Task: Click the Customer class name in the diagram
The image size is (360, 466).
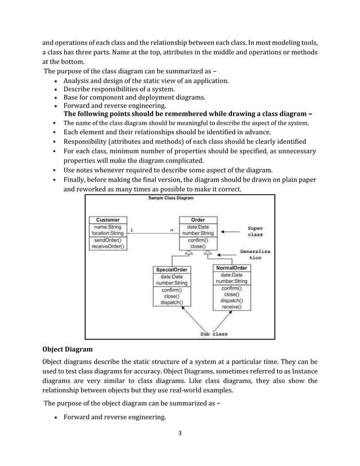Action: pyautogui.click(x=108, y=220)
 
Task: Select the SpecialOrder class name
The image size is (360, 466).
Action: pyautogui.click(x=172, y=270)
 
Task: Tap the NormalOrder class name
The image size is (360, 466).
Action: pyautogui.click(x=232, y=268)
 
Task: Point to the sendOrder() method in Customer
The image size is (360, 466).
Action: pyautogui.click(x=108, y=240)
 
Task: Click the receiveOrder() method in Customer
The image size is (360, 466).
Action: pyautogui.click(x=108, y=246)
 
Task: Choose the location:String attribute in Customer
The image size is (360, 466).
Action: pyautogui.click(x=108, y=233)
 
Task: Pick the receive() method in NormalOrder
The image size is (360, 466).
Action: pyautogui.click(x=232, y=307)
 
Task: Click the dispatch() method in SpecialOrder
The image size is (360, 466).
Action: pyautogui.click(x=172, y=302)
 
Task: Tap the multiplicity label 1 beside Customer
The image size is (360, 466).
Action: pyautogui.click(x=131, y=230)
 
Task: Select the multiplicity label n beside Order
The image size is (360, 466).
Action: pyautogui.click(x=172, y=230)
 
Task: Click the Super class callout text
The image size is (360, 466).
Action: pyautogui.click(x=255, y=231)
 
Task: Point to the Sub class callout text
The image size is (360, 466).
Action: pyautogui.click(x=214, y=333)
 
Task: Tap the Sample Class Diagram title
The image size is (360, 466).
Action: pyautogui.click(x=170, y=199)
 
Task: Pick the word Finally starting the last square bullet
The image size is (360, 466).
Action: pyautogui.click(x=75, y=180)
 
